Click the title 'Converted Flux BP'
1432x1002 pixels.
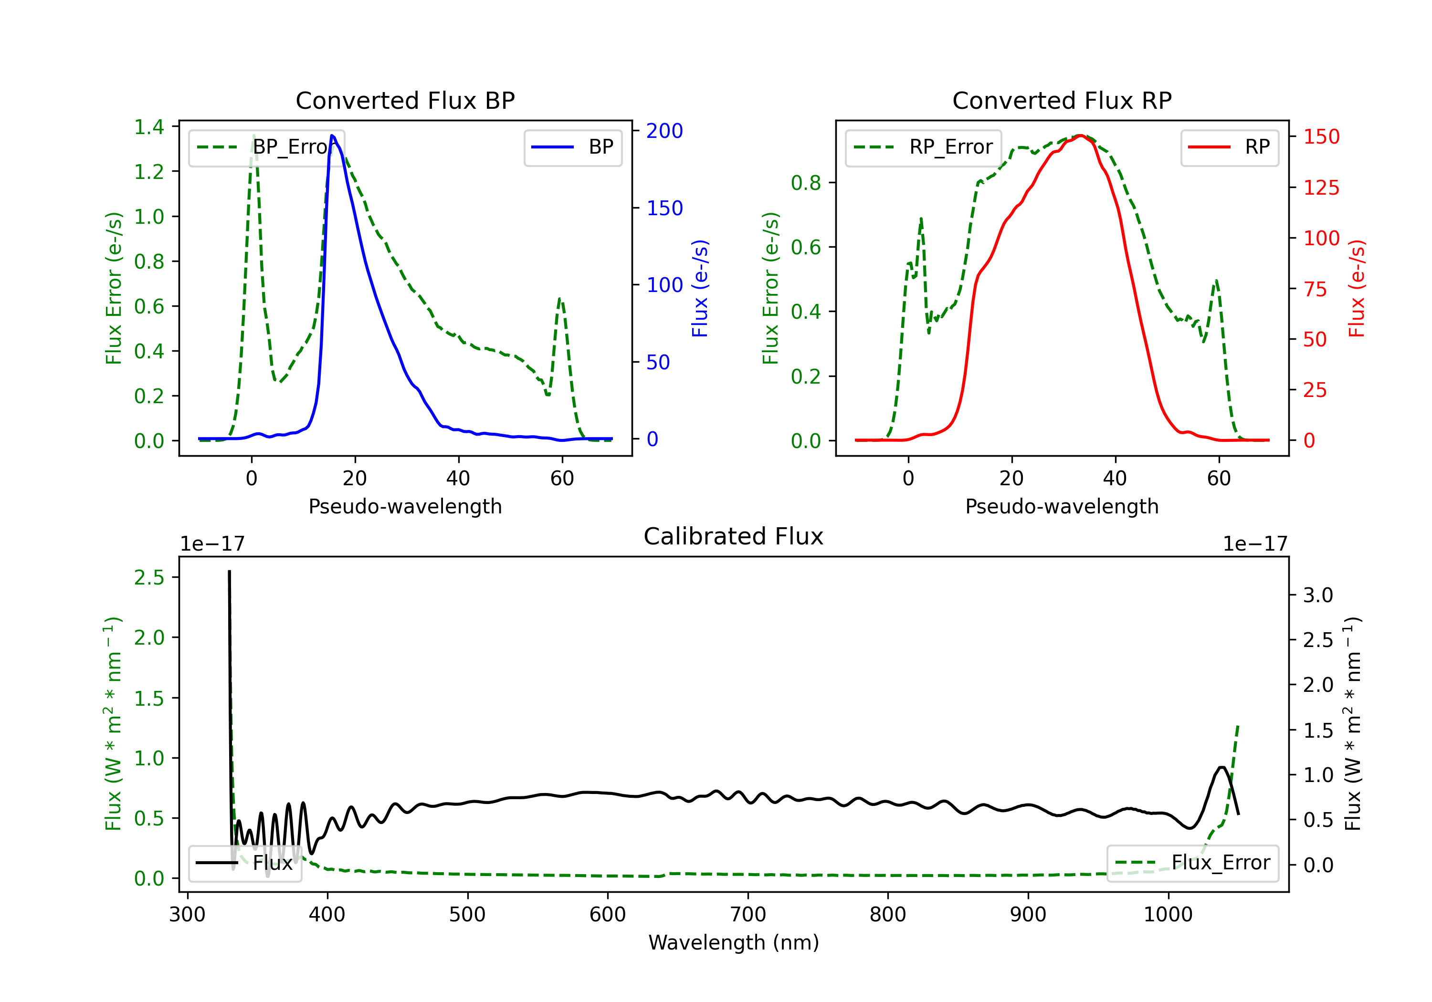coord(405,100)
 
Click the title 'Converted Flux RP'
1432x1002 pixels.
coord(1062,100)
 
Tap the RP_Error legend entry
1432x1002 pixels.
coord(923,147)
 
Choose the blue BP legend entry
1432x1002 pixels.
coord(572,147)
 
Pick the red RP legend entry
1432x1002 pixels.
coord(1229,147)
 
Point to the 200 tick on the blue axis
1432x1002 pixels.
coord(664,131)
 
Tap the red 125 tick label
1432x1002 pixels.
coord(1321,187)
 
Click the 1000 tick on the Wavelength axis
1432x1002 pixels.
coord(1168,915)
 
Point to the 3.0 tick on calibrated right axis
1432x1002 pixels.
coord(1318,595)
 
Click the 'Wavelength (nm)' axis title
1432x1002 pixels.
coord(734,942)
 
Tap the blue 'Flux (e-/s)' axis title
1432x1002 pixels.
coord(700,288)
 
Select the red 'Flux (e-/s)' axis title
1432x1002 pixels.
coord(1357,288)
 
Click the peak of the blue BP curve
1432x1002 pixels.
coord(332,136)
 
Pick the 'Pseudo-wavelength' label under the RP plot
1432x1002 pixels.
coord(1062,506)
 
